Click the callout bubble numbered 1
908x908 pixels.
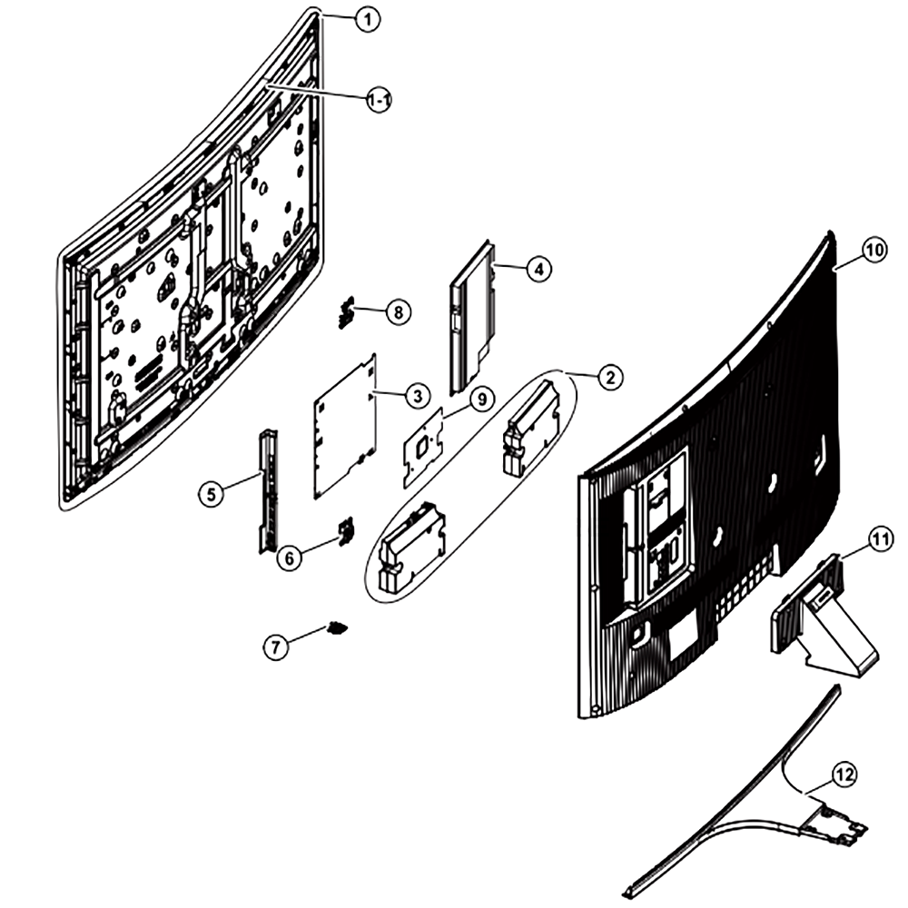(x=367, y=20)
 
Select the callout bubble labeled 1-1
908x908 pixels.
(x=380, y=101)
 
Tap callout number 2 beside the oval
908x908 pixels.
(x=610, y=378)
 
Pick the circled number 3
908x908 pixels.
(x=418, y=397)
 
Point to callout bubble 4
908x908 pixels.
(x=539, y=269)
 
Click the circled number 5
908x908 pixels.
(x=212, y=495)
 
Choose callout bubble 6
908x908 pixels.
(x=290, y=558)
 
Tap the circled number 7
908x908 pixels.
(x=276, y=646)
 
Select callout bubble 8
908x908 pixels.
(x=398, y=312)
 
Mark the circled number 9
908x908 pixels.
(x=482, y=399)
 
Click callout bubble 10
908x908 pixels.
(x=874, y=251)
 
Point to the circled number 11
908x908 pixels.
(x=880, y=539)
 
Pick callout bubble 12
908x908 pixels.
(x=844, y=775)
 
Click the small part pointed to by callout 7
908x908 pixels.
(x=337, y=627)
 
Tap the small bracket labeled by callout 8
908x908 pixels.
(x=346, y=311)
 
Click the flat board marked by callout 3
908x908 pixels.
(x=345, y=426)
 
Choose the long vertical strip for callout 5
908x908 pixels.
(x=268, y=490)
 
